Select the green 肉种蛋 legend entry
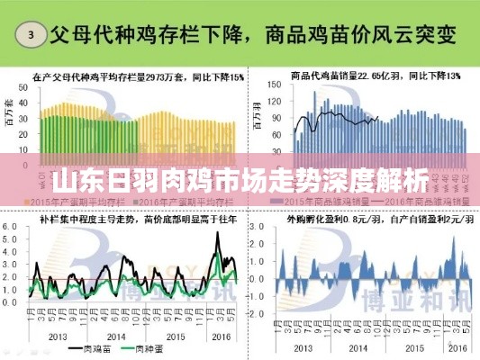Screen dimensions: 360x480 coord(149,347)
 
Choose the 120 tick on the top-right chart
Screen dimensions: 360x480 coord(276,105)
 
